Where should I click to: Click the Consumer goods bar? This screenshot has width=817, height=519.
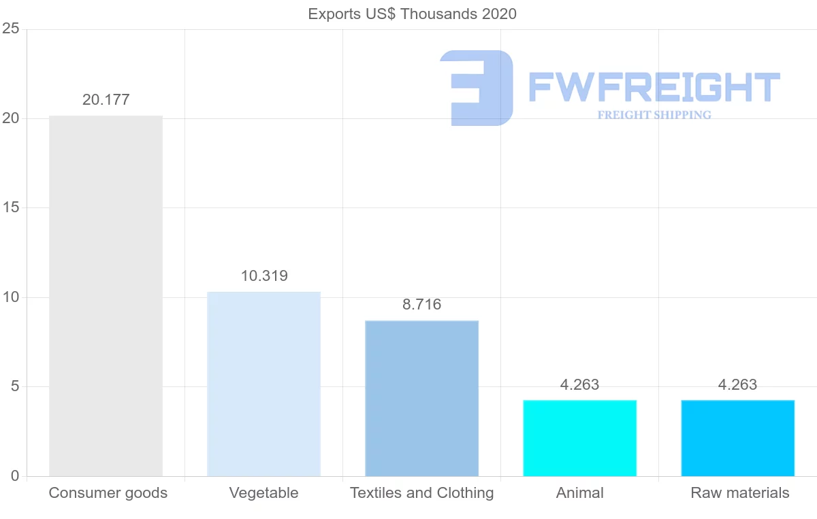(106, 296)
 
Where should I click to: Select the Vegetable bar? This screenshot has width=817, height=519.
(263, 384)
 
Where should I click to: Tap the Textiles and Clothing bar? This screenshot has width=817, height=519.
(421, 398)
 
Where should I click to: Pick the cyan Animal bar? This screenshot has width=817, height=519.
(579, 438)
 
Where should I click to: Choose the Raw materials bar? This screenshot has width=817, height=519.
(737, 438)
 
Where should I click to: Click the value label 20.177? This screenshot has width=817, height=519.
(106, 100)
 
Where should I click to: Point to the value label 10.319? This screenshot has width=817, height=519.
(264, 276)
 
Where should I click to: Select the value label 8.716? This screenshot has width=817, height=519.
(421, 305)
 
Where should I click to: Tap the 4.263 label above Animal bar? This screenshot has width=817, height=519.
(579, 385)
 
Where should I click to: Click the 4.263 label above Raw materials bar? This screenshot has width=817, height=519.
(737, 385)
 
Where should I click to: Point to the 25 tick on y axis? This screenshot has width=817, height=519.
(10, 29)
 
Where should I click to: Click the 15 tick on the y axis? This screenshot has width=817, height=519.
(10, 208)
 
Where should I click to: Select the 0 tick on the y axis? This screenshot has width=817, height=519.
(14, 476)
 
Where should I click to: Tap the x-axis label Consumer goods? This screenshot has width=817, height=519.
(108, 493)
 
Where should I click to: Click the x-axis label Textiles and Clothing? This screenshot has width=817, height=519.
(421, 493)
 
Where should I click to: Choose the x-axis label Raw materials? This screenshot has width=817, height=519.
(739, 493)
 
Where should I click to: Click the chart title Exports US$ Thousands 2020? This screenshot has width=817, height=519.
(412, 14)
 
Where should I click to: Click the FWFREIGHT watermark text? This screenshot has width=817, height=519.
(654, 88)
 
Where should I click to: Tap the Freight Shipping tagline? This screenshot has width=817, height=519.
(654, 115)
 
